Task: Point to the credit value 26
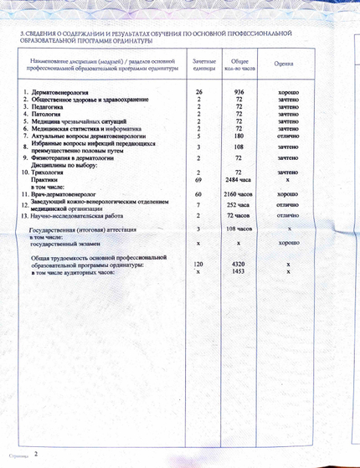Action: [199, 90]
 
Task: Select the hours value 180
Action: [239, 135]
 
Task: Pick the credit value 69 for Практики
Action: [199, 180]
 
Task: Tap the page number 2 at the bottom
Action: [35, 454]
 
